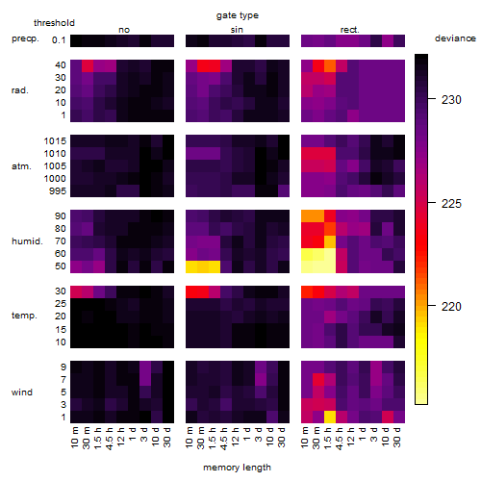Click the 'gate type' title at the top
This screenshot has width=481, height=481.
pos(238,15)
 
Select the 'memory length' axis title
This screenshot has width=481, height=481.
pos(237,468)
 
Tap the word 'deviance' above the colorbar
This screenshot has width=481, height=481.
pos(455,38)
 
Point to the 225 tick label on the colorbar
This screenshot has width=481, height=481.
pos(451,203)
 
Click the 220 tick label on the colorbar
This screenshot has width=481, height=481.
pos(451,307)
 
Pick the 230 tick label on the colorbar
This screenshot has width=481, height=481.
pos(451,100)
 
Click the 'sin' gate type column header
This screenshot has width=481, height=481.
pos(237,30)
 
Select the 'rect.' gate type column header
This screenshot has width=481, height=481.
pos(350,30)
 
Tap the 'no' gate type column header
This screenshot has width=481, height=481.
pos(124,30)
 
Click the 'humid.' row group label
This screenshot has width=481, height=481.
pos(27,241)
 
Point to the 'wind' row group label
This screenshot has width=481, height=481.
pos(22,392)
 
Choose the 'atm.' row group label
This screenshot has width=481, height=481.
pos(21,166)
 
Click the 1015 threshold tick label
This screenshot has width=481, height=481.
pos(55,141)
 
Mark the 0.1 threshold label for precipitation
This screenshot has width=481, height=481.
pos(59,40)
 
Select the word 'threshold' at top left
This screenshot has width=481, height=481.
pos(54,23)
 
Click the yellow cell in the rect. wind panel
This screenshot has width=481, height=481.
pos(330,418)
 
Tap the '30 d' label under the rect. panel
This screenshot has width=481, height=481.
pos(397,437)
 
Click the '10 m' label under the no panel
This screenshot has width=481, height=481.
pos(74,438)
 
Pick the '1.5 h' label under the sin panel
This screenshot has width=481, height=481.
pos(213,439)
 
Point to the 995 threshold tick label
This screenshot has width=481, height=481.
pos(58,191)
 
